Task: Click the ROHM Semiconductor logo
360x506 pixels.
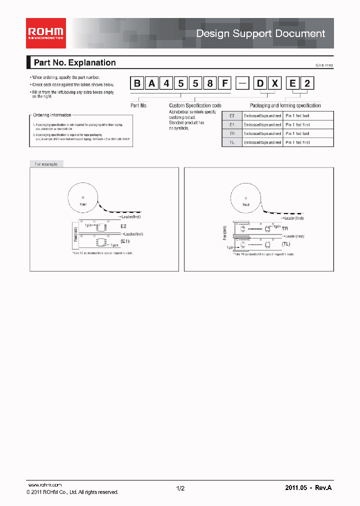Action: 45,33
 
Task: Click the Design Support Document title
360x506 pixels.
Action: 260,33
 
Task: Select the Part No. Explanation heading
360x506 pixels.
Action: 74,62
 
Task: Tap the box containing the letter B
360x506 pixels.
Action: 136,83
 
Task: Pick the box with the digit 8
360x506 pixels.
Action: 210,83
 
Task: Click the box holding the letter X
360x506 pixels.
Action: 274,83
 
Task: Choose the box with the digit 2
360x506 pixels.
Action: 307,83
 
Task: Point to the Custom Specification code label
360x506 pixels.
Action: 195,105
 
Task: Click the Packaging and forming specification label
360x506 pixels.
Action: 285,105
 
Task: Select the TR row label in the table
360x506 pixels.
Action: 231,133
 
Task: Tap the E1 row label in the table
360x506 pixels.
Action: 231,124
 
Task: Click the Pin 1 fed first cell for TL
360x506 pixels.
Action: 298,142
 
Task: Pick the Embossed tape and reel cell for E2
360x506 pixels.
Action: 262,115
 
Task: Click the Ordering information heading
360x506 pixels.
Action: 52,115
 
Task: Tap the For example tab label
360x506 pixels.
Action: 46,164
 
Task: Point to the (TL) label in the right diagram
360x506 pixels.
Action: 285,243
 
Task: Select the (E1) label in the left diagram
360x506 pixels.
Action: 124,240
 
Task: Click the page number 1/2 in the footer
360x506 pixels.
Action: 180,488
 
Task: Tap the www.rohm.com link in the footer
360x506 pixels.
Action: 44,485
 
